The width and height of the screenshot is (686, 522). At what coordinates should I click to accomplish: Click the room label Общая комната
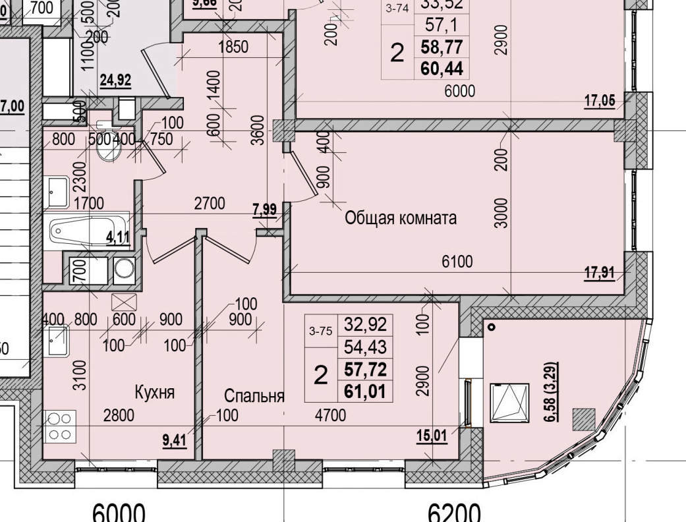pos(401,218)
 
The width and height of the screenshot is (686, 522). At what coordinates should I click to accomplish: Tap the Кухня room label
pos(154,393)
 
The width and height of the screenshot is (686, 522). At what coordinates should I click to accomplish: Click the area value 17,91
pos(600,272)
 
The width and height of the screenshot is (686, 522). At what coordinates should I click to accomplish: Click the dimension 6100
pos(457,262)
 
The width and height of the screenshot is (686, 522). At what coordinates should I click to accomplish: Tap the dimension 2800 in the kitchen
pos(119,415)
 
